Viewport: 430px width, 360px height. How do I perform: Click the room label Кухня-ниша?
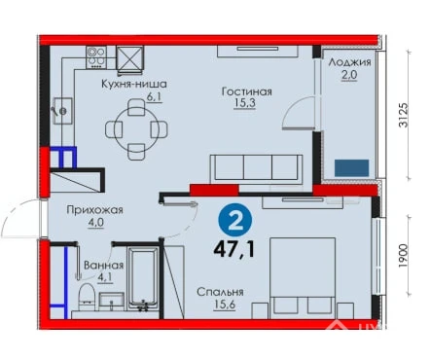[134, 84]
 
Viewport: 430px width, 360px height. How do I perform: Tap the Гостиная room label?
[246, 91]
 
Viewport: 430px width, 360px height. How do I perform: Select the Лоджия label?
[349, 61]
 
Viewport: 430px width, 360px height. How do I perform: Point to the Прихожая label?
[94, 210]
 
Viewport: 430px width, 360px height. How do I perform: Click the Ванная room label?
[104, 266]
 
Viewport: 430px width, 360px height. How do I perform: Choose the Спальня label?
[220, 292]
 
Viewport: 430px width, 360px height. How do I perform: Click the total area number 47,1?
[233, 249]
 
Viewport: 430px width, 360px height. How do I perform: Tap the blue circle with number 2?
[235, 223]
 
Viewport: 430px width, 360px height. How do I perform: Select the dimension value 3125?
[403, 115]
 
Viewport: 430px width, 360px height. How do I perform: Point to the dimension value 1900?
[403, 256]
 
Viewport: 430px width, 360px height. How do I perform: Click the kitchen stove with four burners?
[96, 57]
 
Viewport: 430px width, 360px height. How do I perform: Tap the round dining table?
[136, 129]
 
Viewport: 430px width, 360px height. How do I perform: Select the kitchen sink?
[62, 111]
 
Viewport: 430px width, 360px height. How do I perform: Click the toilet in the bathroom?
[87, 297]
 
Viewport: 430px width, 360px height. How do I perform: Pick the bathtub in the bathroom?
[143, 279]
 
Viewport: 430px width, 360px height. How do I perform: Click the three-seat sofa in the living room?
[257, 168]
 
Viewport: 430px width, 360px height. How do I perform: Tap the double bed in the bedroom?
[303, 278]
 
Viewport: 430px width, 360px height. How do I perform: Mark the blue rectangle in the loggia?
[351, 168]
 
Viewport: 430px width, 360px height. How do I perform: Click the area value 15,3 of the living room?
[245, 103]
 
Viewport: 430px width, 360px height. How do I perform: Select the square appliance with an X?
[130, 58]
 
